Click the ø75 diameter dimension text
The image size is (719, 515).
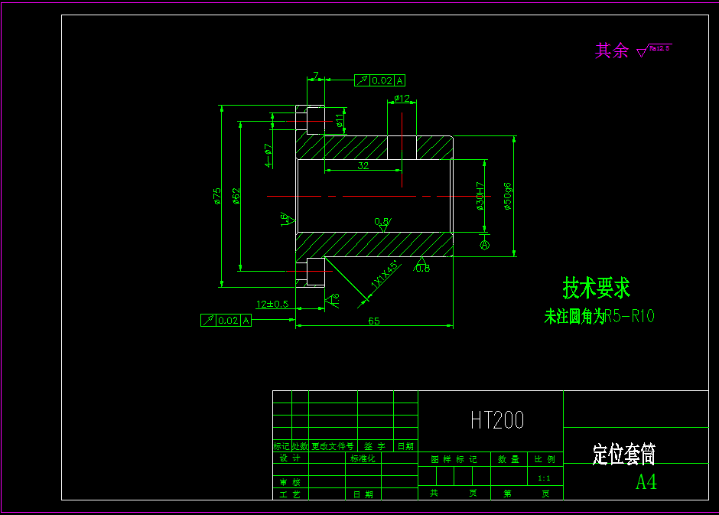[217, 197]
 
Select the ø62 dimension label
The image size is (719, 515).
[236, 197]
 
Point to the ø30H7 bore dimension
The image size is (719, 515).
[480, 196]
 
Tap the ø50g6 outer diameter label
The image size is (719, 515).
[506, 196]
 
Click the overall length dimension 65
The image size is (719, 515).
[374, 321]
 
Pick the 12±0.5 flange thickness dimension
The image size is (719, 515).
[272, 304]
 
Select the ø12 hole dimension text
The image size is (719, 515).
[402, 99]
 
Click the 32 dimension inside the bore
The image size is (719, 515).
[363, 165]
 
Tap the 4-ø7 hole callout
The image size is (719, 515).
[268, 155]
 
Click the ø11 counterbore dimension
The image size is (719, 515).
[339, 119]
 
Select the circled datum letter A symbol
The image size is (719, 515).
[484, 244]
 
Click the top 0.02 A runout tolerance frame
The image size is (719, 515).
[379, 80]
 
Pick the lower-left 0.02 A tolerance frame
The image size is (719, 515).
[226, 321]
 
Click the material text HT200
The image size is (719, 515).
[496, 419]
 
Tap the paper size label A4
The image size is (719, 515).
[646, 481]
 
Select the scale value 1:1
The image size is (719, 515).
[544, 478]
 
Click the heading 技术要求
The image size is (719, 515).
[597, 288]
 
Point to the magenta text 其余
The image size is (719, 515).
[611, 51]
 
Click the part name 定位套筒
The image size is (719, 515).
[623, 455]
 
